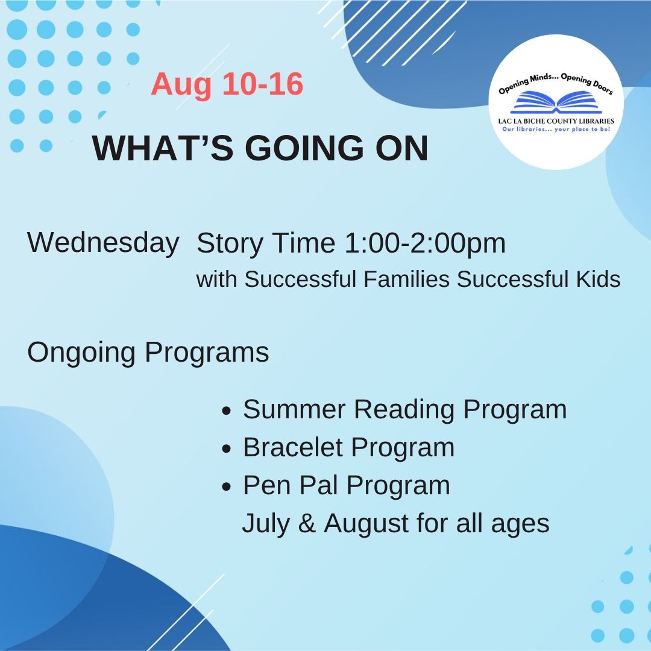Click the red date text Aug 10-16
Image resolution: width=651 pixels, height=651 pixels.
click(227, 84)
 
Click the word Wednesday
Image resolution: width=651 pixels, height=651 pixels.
click(103, 243)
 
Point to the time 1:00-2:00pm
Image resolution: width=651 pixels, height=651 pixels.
click(425, 243)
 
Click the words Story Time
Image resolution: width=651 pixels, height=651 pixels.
click(266, 243)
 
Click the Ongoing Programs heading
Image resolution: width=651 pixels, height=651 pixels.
click(148, 353)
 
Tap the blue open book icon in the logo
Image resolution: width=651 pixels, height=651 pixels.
click(556, 103)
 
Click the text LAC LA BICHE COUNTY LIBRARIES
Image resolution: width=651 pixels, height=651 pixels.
click(556, 121)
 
